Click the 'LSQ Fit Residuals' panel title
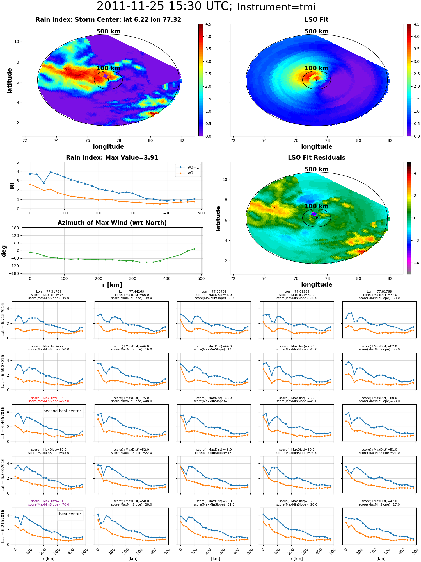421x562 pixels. point(317,158)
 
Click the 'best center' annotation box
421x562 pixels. point(70,514)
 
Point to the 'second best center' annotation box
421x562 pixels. point(62,411)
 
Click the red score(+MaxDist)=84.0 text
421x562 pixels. point(49,398)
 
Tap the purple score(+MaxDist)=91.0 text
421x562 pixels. point(49,501)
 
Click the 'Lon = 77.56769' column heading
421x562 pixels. point(214,291)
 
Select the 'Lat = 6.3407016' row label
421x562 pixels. point(3,475)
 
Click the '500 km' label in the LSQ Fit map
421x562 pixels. point(317,31)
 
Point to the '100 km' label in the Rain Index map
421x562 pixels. point(108,68)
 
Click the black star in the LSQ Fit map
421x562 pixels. point(317,80)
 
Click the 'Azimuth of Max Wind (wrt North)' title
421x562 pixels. point(112,223)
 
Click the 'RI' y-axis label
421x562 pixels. point(12,185)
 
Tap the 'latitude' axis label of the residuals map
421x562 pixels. point(218,218)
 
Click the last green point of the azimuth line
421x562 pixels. point(194,249)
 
